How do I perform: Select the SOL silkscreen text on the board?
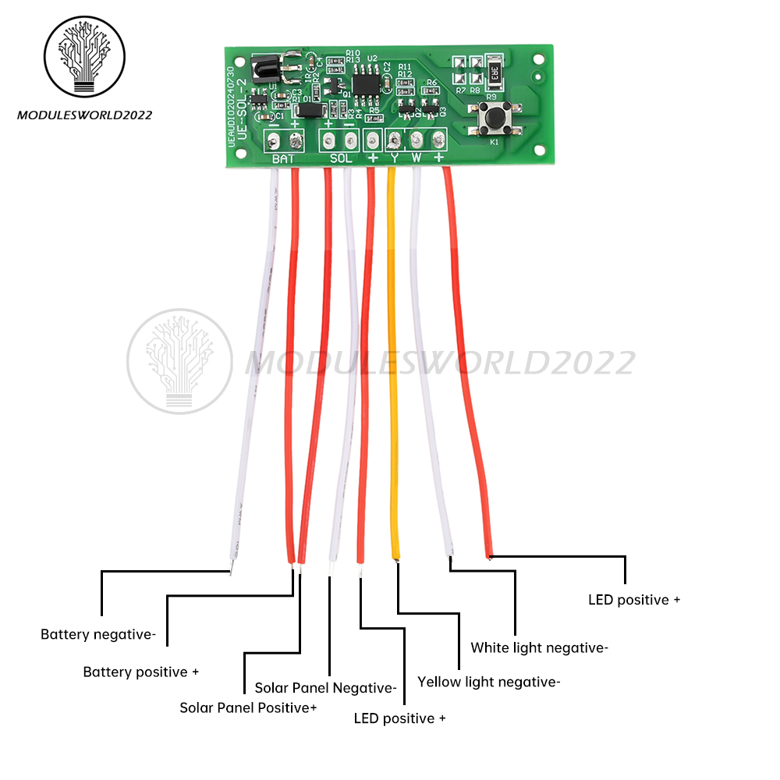[341, 159]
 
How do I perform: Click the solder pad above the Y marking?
[395, 140]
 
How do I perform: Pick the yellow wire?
[393, 359]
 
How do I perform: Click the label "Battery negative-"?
[98, 635]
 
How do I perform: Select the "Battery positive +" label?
[141, 672]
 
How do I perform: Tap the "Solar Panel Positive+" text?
[248, 707]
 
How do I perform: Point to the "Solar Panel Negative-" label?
[325, 688]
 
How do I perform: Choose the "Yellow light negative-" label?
[488, 682]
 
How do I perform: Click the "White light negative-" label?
[539, 647]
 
